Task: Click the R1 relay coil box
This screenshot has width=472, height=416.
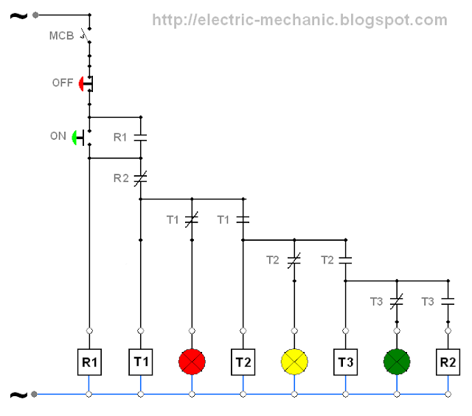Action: coord(89,362)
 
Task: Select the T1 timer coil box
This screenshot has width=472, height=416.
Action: coord(140,362)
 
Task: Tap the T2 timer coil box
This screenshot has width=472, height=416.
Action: coord(243,362)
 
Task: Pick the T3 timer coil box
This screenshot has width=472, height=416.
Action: coord(345,362)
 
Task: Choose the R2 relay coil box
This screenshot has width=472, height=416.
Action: coord(448,362)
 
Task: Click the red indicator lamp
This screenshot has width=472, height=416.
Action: coord(192,362)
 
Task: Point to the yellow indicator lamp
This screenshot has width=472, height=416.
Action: coord(294,362)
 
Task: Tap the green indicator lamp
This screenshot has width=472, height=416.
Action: coord(397,362)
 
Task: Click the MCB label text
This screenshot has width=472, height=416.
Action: coord(61,35)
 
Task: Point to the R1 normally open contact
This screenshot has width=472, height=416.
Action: coord(140,137)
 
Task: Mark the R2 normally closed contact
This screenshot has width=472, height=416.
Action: coord(140,177)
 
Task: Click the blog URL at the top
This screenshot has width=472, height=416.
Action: coord(299,21)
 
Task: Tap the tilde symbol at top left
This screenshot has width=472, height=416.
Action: coord(16,14)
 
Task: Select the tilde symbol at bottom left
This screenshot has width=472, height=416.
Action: coord(16,395)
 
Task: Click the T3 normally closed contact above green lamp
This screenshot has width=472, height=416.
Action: coord(397,301)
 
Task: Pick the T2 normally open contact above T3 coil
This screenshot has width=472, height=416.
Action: coord(345,260)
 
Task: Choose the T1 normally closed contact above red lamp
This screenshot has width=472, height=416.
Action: coord(192,219)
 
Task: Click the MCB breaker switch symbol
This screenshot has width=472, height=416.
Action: coord(88,35)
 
